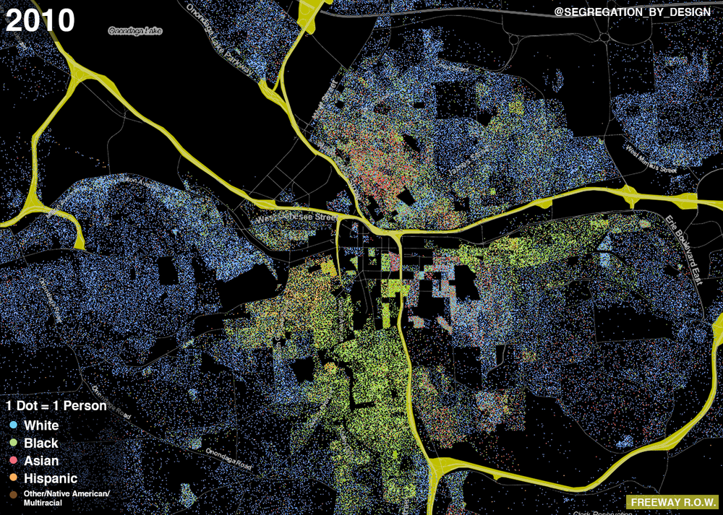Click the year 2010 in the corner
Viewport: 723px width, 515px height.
coord(40,20)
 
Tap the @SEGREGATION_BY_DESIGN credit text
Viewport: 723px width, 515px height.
coord(632,12)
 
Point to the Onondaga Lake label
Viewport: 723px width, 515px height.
coord(135,31)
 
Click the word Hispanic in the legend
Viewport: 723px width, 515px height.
coord(51,478)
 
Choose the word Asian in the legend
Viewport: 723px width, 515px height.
coord(41,461)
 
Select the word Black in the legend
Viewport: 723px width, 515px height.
coord(41,443)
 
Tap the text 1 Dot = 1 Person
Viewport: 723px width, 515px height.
coord(56,406)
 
